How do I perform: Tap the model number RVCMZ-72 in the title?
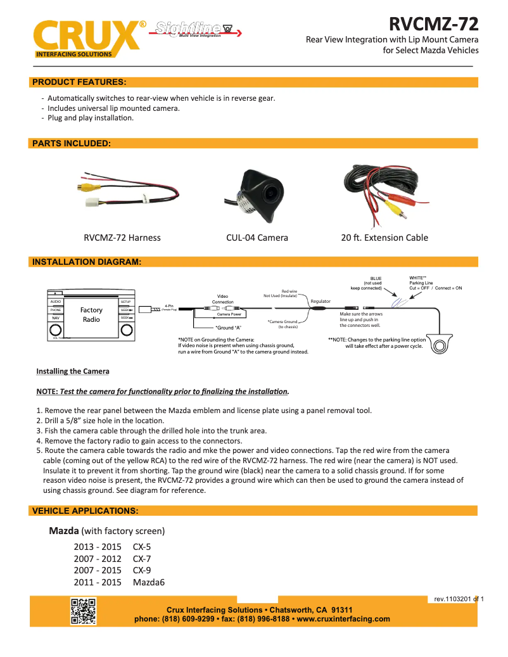(433, 24)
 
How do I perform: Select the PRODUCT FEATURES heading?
(79, 82)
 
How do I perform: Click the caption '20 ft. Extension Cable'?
(384, 238)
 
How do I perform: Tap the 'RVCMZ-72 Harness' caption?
(122, 238)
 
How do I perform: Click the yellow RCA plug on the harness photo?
(81, 188)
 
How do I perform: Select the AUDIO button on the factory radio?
(56, 302)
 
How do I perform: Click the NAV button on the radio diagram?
(56, 317)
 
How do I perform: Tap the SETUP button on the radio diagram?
(126, 302)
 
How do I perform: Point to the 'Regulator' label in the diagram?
(320, 301)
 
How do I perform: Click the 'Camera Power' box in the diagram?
(229, 314)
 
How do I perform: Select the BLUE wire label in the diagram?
(376, 278)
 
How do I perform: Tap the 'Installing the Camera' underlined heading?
(73, 371)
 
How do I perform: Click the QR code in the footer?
(83, 611)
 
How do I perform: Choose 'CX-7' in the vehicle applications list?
(142, 559)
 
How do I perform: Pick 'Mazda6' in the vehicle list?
(149, 582)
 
